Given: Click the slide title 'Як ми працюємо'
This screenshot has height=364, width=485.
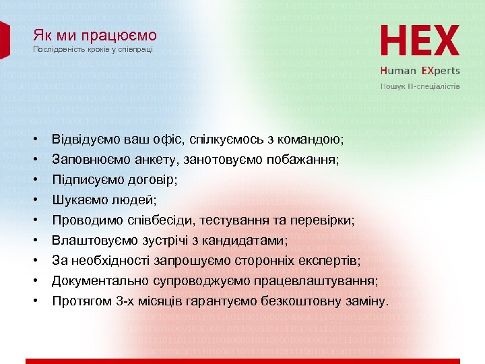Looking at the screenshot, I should pyautogui.click(x=94, y=35).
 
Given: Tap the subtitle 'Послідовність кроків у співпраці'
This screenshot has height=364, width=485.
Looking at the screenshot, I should pyautogui.click(x=93, y=50).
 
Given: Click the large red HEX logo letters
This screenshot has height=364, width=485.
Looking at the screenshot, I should pyautogui.click(x=420, y=41).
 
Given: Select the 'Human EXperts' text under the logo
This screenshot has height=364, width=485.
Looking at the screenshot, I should pyautogui.click(x=420, y=70).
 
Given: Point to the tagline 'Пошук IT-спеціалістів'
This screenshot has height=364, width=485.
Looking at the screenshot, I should pyautogui.click(x=421, y=86).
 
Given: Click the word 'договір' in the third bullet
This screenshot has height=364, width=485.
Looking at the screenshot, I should pyautogui.click(x=156, y=180).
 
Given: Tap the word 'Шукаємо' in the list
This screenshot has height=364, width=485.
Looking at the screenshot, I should pyautogui.click(x=79, y=200).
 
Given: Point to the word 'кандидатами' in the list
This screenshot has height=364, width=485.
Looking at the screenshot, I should pyautogui.click(x=247, y=241).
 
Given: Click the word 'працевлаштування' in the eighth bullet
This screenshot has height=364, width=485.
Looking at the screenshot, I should pyautogui.click(x=321, y=281).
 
